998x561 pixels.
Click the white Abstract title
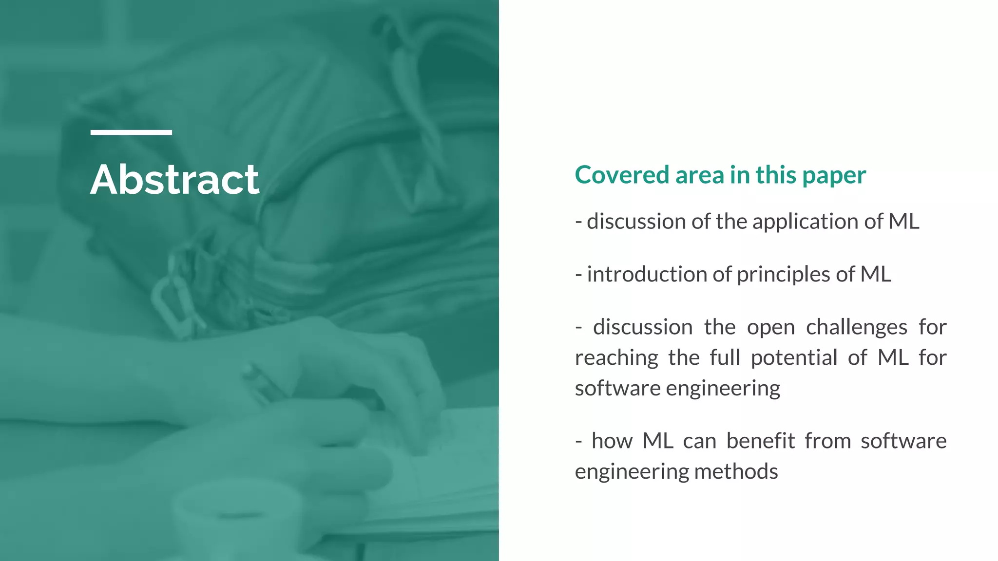click(x=174, y=180)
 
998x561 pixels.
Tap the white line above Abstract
click(x=131, y=132)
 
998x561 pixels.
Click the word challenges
click(x=856, y=327)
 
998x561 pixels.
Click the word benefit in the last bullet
click(x=760, y=441)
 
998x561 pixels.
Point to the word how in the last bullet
click(x=612, y=441)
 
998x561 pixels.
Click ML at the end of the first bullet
click(x=903, y=222)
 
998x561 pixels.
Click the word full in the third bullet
click(x=725, y=358)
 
